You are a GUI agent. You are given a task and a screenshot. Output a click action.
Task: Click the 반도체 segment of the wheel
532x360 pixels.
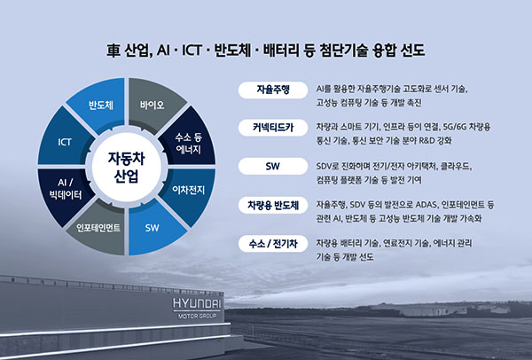(x=98, y=106)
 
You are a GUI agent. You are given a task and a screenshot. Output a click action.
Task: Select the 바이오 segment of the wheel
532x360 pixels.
(x=152, y=106)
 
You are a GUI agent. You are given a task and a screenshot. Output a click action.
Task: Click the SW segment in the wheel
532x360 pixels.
(x=153, y=226)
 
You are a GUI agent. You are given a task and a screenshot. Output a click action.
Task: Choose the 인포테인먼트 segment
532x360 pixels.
(x=98, y=226)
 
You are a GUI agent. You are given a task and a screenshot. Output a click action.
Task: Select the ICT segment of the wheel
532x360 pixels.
(x=65, y=142)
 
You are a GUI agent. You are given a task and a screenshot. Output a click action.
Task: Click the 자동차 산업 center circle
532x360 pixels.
(x=125, y=166)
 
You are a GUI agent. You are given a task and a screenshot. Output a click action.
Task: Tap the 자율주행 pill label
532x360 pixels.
(x=272, y=90)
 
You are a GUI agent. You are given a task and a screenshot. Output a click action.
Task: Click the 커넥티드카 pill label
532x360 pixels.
(x=272, y=128)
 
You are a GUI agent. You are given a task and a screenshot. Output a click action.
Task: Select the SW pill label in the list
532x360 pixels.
(x=272, y=166)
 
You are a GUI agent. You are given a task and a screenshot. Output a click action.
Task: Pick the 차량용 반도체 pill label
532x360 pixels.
(x=272, y=204)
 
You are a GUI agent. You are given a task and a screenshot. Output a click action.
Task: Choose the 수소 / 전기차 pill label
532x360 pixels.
(x=272, y=242)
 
